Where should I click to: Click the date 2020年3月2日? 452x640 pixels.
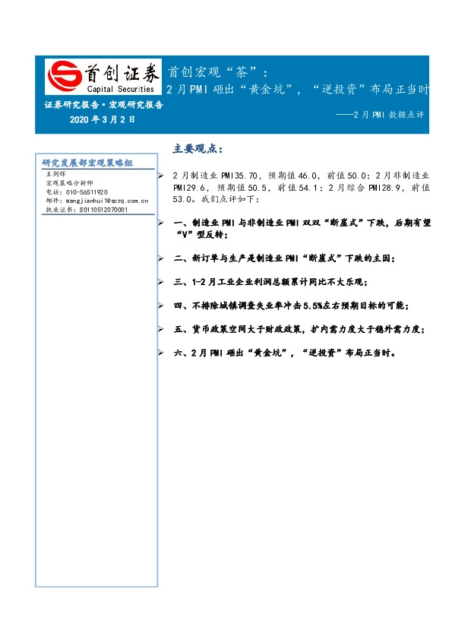(102, 119)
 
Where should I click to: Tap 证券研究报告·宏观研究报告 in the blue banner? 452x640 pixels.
(103, 106)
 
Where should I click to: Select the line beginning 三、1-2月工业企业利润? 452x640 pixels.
(270, 282)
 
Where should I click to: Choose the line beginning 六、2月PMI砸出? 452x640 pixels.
(280, 353)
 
